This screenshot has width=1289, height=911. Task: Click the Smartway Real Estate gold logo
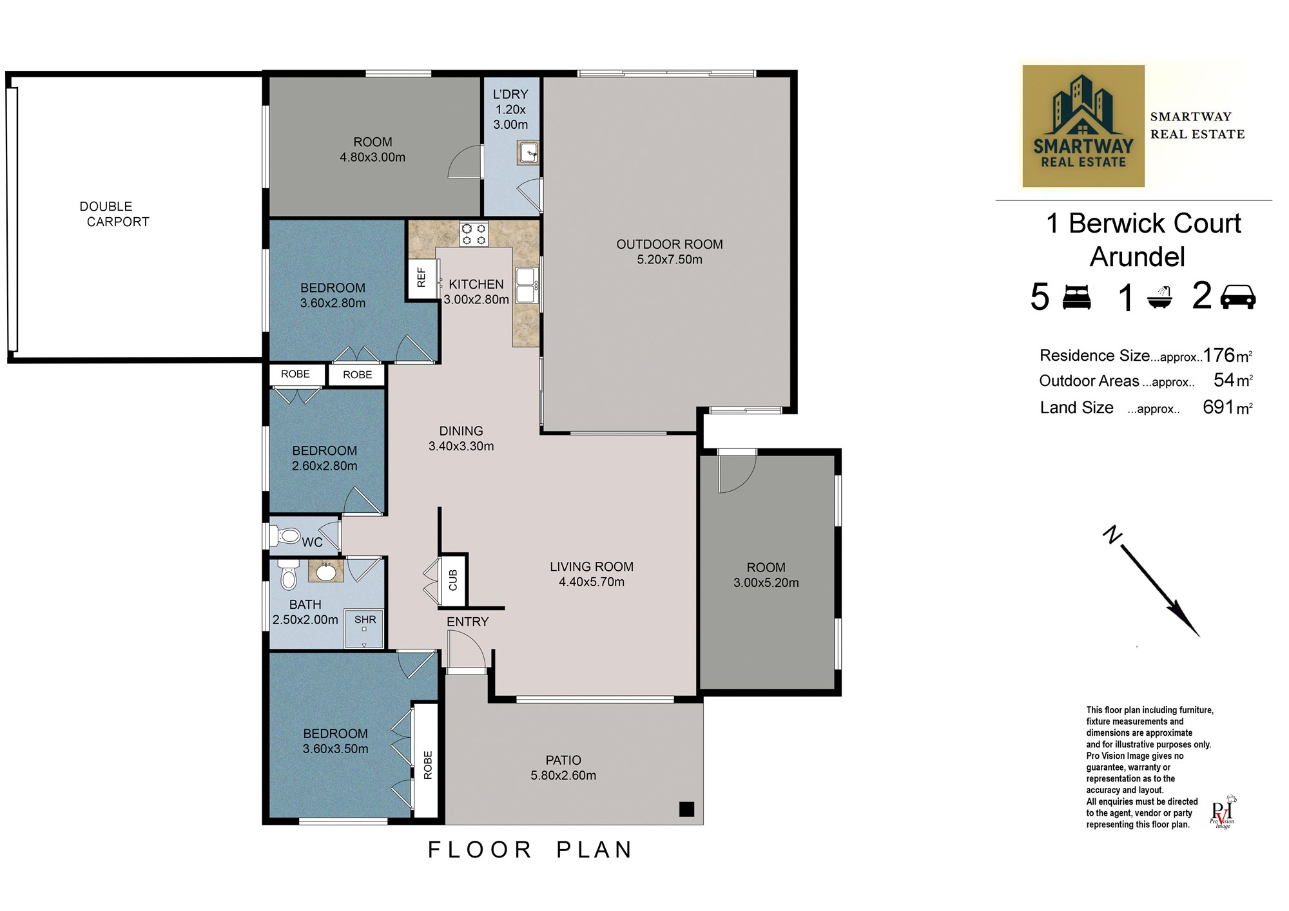point(1083,126)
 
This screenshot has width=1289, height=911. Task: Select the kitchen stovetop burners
point(474,234)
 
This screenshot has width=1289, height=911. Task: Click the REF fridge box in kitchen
point(422,278)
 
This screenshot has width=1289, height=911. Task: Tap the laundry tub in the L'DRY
point(527,153)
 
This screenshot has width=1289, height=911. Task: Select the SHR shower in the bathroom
point(365,628)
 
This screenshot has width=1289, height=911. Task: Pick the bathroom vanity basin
point(326,571)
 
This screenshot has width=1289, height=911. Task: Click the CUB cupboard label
point(453,580)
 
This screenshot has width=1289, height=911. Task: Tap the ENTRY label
point(468,622)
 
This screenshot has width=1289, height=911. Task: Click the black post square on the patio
point(686,809)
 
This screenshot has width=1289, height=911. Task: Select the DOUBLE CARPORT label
point(114,214)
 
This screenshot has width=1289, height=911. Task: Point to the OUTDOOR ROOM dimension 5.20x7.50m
point(670,260)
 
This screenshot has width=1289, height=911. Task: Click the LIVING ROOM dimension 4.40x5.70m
point(592,582)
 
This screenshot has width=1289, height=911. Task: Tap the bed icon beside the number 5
point(1076,297)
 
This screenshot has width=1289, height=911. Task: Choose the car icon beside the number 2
point(1237,297)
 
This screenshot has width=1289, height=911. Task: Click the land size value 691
point(1218,407)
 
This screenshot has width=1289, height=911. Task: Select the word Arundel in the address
point(1138,256)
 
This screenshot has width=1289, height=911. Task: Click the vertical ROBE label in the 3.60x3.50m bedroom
point(428,765)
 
